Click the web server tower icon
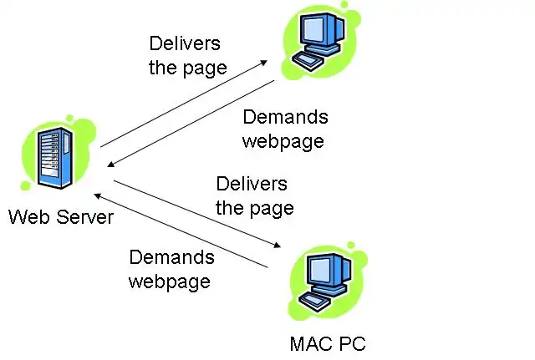[x=48, y=160]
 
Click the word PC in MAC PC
[x=351, y=344]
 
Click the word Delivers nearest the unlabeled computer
[x=185, y=43]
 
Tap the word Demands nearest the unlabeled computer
[x=285, y=117]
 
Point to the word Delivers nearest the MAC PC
[x=252, y=183]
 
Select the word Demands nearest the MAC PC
[x=171, y=258]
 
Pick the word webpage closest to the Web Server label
[x=169, y=281]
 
